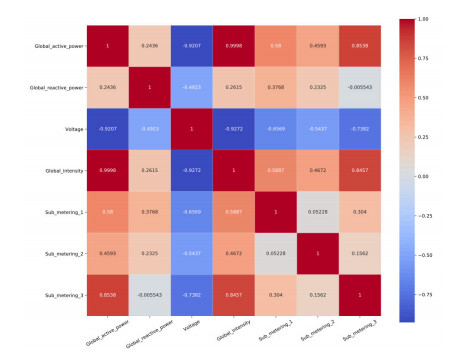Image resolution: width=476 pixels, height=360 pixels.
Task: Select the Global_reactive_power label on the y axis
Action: pyautogui.click(x=55, y=88)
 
